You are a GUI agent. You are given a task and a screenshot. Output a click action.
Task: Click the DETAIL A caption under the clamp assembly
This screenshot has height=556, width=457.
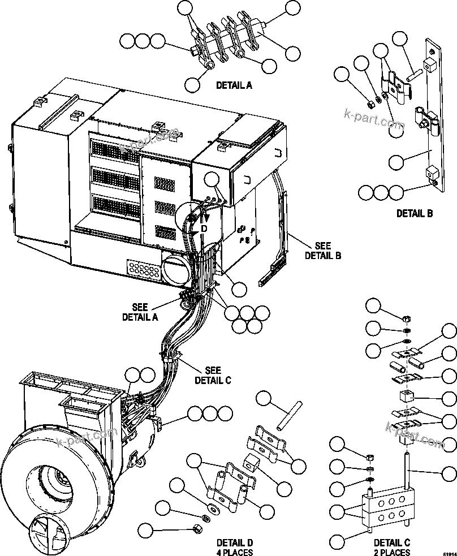click(234, 85)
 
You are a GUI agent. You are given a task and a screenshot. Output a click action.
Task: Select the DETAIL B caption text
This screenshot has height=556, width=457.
click(414, 213)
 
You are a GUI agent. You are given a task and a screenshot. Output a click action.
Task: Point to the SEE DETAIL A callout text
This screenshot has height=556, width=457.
click(140, 312)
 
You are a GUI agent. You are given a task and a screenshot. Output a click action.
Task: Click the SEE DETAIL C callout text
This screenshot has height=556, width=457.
click(212, 375)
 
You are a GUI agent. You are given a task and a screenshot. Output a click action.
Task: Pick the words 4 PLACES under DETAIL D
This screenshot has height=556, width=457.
click(234, 552)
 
